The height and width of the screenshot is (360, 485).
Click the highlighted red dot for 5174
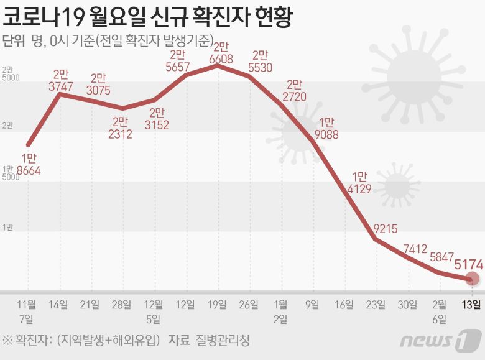pyautogui.click(x=473, y=280)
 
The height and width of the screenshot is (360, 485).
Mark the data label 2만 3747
pyautogui.click(x=63, y=81)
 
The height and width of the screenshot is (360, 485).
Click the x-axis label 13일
pyautogui.click(x=471, y=304)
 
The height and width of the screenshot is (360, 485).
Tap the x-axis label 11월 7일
pyautogui.click(x=27, y=312)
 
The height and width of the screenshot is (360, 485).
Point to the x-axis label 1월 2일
pyautogui.click(x=281, y=312)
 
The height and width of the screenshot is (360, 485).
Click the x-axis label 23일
pyautogui.click(x=376, y=304)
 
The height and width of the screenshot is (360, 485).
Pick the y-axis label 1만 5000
pyautogui.click(x=11, y=173)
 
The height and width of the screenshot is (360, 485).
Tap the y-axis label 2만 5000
pyautogui.click(x=11, y=73)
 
